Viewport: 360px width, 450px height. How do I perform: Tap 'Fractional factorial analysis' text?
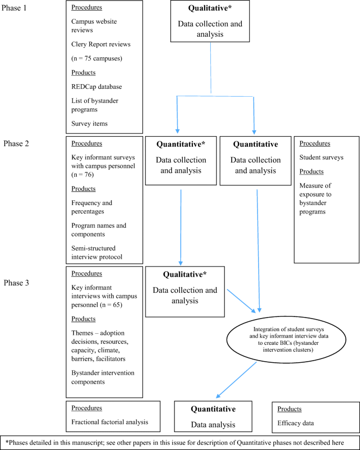(110, 422)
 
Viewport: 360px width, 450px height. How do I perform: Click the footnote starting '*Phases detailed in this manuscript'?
(179, 441)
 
